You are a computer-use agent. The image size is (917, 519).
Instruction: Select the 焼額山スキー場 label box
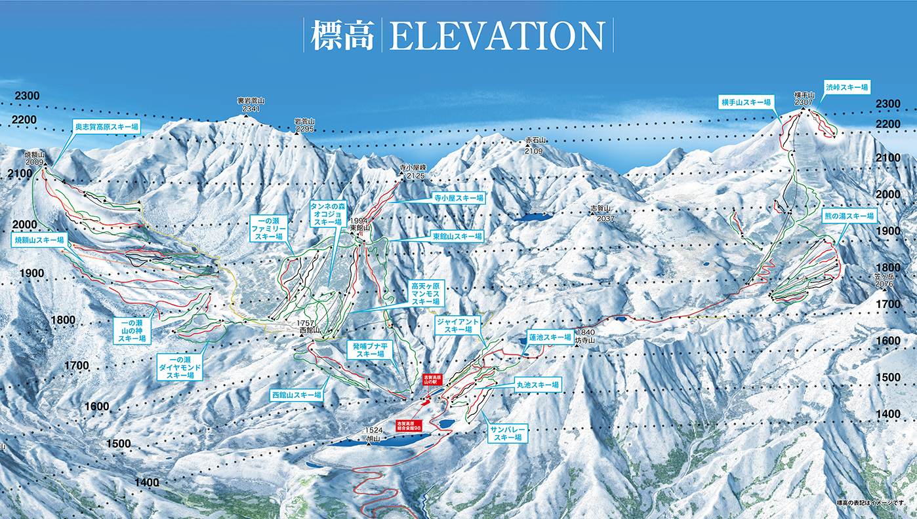tap(39, 240)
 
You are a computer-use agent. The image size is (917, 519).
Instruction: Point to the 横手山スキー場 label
tap(746, 102)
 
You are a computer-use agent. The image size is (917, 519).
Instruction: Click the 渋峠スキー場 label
tap(847, 87)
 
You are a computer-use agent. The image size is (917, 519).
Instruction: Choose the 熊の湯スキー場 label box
tap(849, 216)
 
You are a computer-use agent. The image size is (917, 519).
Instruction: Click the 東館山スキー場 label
tap(457, 236)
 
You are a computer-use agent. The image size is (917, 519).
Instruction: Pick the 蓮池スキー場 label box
tap(550, 337)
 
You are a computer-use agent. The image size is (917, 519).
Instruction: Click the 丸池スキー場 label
tap(537, 385)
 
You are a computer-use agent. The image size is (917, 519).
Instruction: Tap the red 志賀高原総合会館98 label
tap(413, 426)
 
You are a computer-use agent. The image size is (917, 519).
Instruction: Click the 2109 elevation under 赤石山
tap(535, 151)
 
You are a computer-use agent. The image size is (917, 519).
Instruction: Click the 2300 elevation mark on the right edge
tap(889, 104)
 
